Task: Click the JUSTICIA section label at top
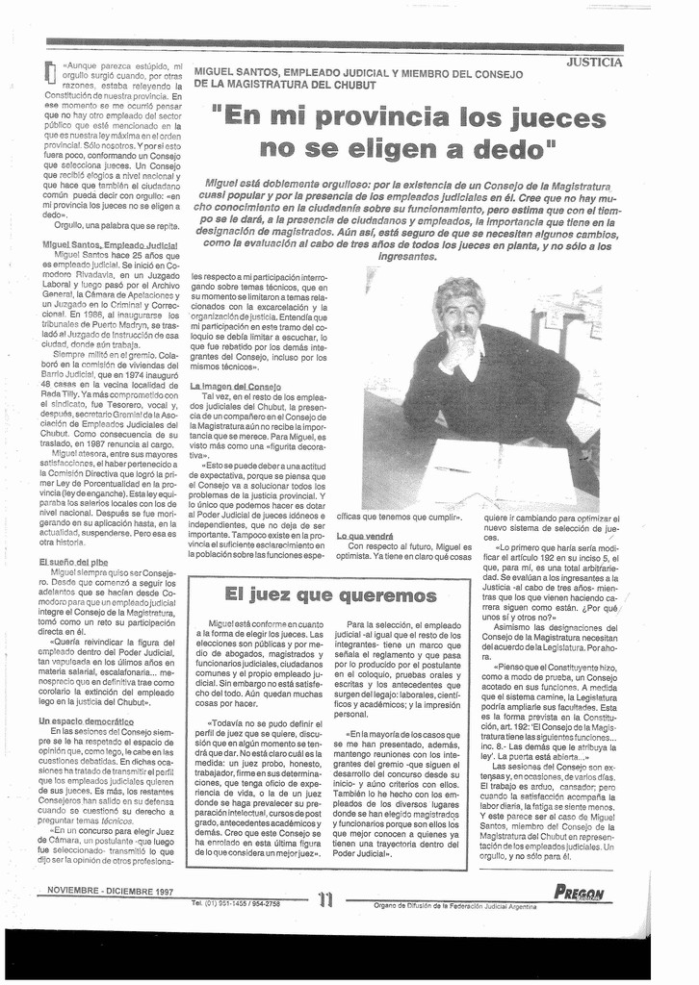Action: tap(594, 63)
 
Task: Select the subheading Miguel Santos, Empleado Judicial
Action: tap(109, 245)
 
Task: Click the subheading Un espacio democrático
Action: tap(86, 720)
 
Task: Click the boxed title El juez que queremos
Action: tap(329, 595)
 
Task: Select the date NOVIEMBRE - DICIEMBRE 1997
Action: tap(111, 891)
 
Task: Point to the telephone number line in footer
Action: tap(235, 903)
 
